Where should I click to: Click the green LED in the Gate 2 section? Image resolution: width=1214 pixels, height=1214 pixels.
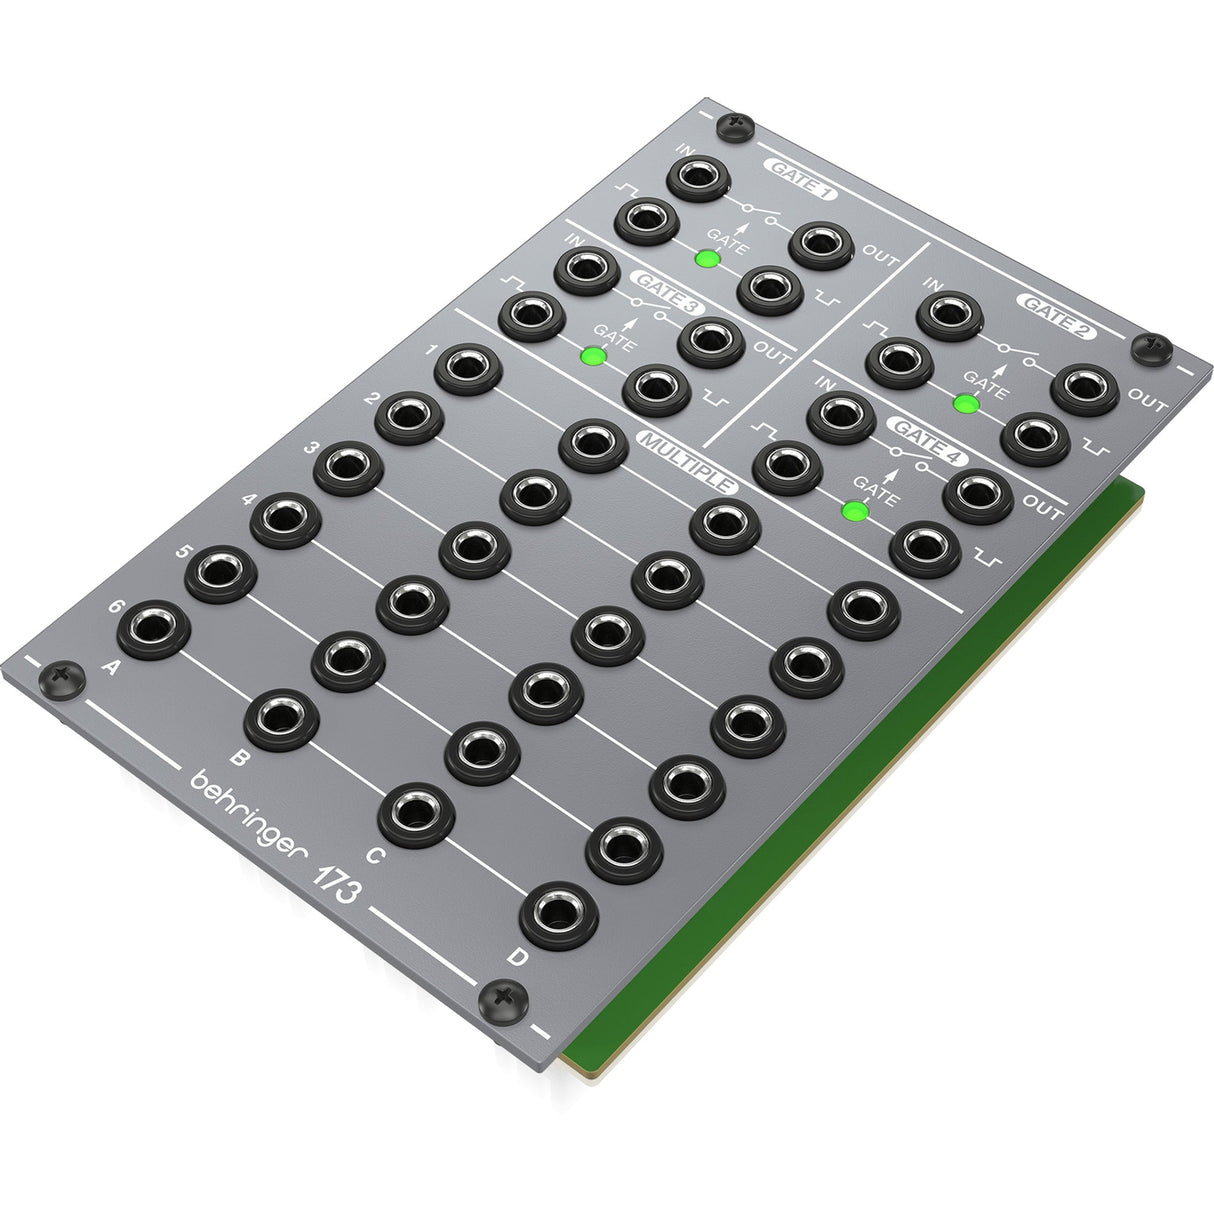965,403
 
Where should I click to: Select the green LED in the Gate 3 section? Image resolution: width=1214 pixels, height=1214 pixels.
594,355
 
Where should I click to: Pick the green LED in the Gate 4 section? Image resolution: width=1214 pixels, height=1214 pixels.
853,511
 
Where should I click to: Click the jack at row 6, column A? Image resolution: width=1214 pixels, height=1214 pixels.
154,630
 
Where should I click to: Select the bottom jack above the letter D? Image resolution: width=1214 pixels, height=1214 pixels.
559,915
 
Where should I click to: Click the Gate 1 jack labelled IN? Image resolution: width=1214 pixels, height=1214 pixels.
703,179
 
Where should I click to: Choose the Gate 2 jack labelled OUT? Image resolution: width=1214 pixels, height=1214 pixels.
1084,390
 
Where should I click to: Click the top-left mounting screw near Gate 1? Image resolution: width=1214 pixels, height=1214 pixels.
738,124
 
